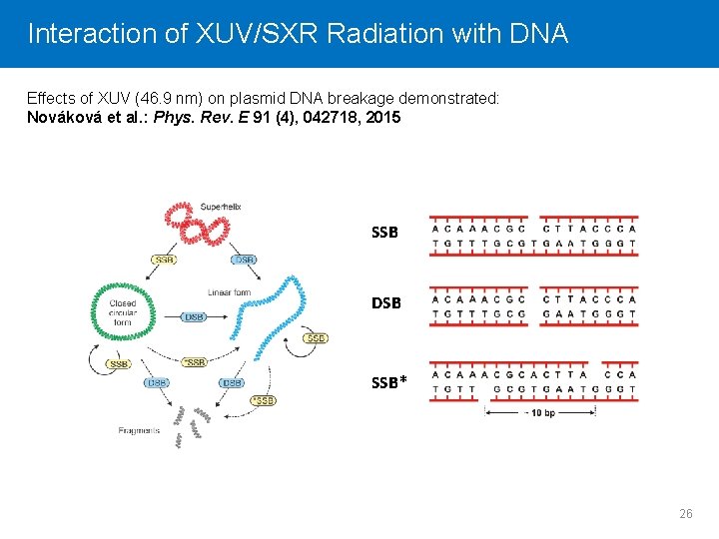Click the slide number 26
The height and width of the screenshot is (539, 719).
685,513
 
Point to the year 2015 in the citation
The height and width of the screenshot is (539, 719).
382,117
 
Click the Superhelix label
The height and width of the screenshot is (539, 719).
221,207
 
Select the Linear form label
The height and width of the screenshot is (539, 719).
229,292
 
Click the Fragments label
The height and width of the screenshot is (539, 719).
138,430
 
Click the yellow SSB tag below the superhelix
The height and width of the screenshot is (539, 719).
165,260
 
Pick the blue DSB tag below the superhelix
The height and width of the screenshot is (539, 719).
245,260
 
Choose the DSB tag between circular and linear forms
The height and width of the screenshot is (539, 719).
195,316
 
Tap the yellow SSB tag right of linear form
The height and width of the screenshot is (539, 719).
316,338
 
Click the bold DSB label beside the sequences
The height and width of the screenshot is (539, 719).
384,302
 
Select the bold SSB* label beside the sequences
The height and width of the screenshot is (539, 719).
388,380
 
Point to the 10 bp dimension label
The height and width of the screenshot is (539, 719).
543,412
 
